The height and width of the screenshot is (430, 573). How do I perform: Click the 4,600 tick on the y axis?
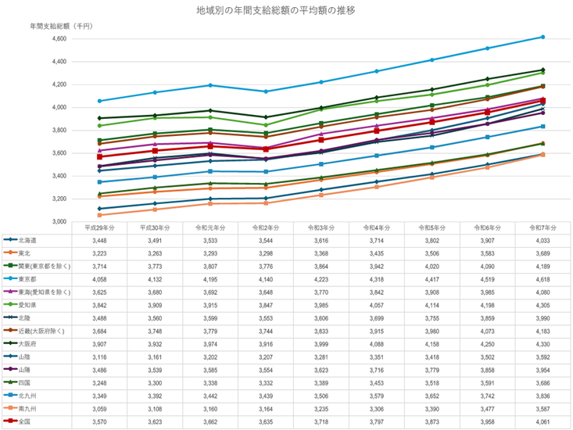click(x=59, y=38)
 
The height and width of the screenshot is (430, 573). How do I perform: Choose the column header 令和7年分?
click(x=542, y=228)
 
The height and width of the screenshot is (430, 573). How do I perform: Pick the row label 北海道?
click(x=28, y=240)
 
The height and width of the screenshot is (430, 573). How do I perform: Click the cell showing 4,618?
click(x=542, y=278)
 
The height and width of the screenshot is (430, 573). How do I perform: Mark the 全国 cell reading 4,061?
click(x=542, y=422)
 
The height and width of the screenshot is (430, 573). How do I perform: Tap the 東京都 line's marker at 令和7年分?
click(x=543, y=37)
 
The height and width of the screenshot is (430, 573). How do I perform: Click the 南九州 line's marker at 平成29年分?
click(x=98, y=215)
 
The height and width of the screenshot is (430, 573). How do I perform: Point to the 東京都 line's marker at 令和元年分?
click(x=210, y=85)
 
